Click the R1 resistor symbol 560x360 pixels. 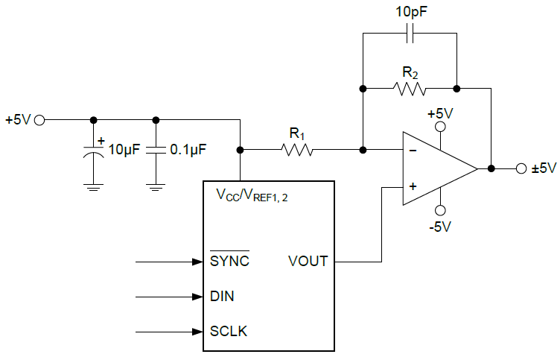[x=298, y=150]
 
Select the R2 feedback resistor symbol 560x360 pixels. [x=410, y=89]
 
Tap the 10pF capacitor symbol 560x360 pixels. [x=410, y=33]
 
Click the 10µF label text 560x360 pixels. [x=124, y=149]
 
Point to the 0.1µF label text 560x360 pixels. [x=188, y=149]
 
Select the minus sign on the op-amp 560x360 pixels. [x=412, y=151]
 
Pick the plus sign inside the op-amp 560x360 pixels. [x=412, y=187]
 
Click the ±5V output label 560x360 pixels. [x=544, y=168]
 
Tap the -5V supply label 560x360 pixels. [x=440, y=227]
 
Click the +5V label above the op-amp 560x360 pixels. [x=440, y=113]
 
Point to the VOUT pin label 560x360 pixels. [x=308, y=262]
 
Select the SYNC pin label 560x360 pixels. [x=229, y=262]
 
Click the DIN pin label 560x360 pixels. [x=222, y=297]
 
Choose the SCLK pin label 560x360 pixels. [x=229, y=331]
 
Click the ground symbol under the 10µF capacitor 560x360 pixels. [x=93, y=187]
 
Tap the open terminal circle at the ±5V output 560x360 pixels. [x=521, y=168]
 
